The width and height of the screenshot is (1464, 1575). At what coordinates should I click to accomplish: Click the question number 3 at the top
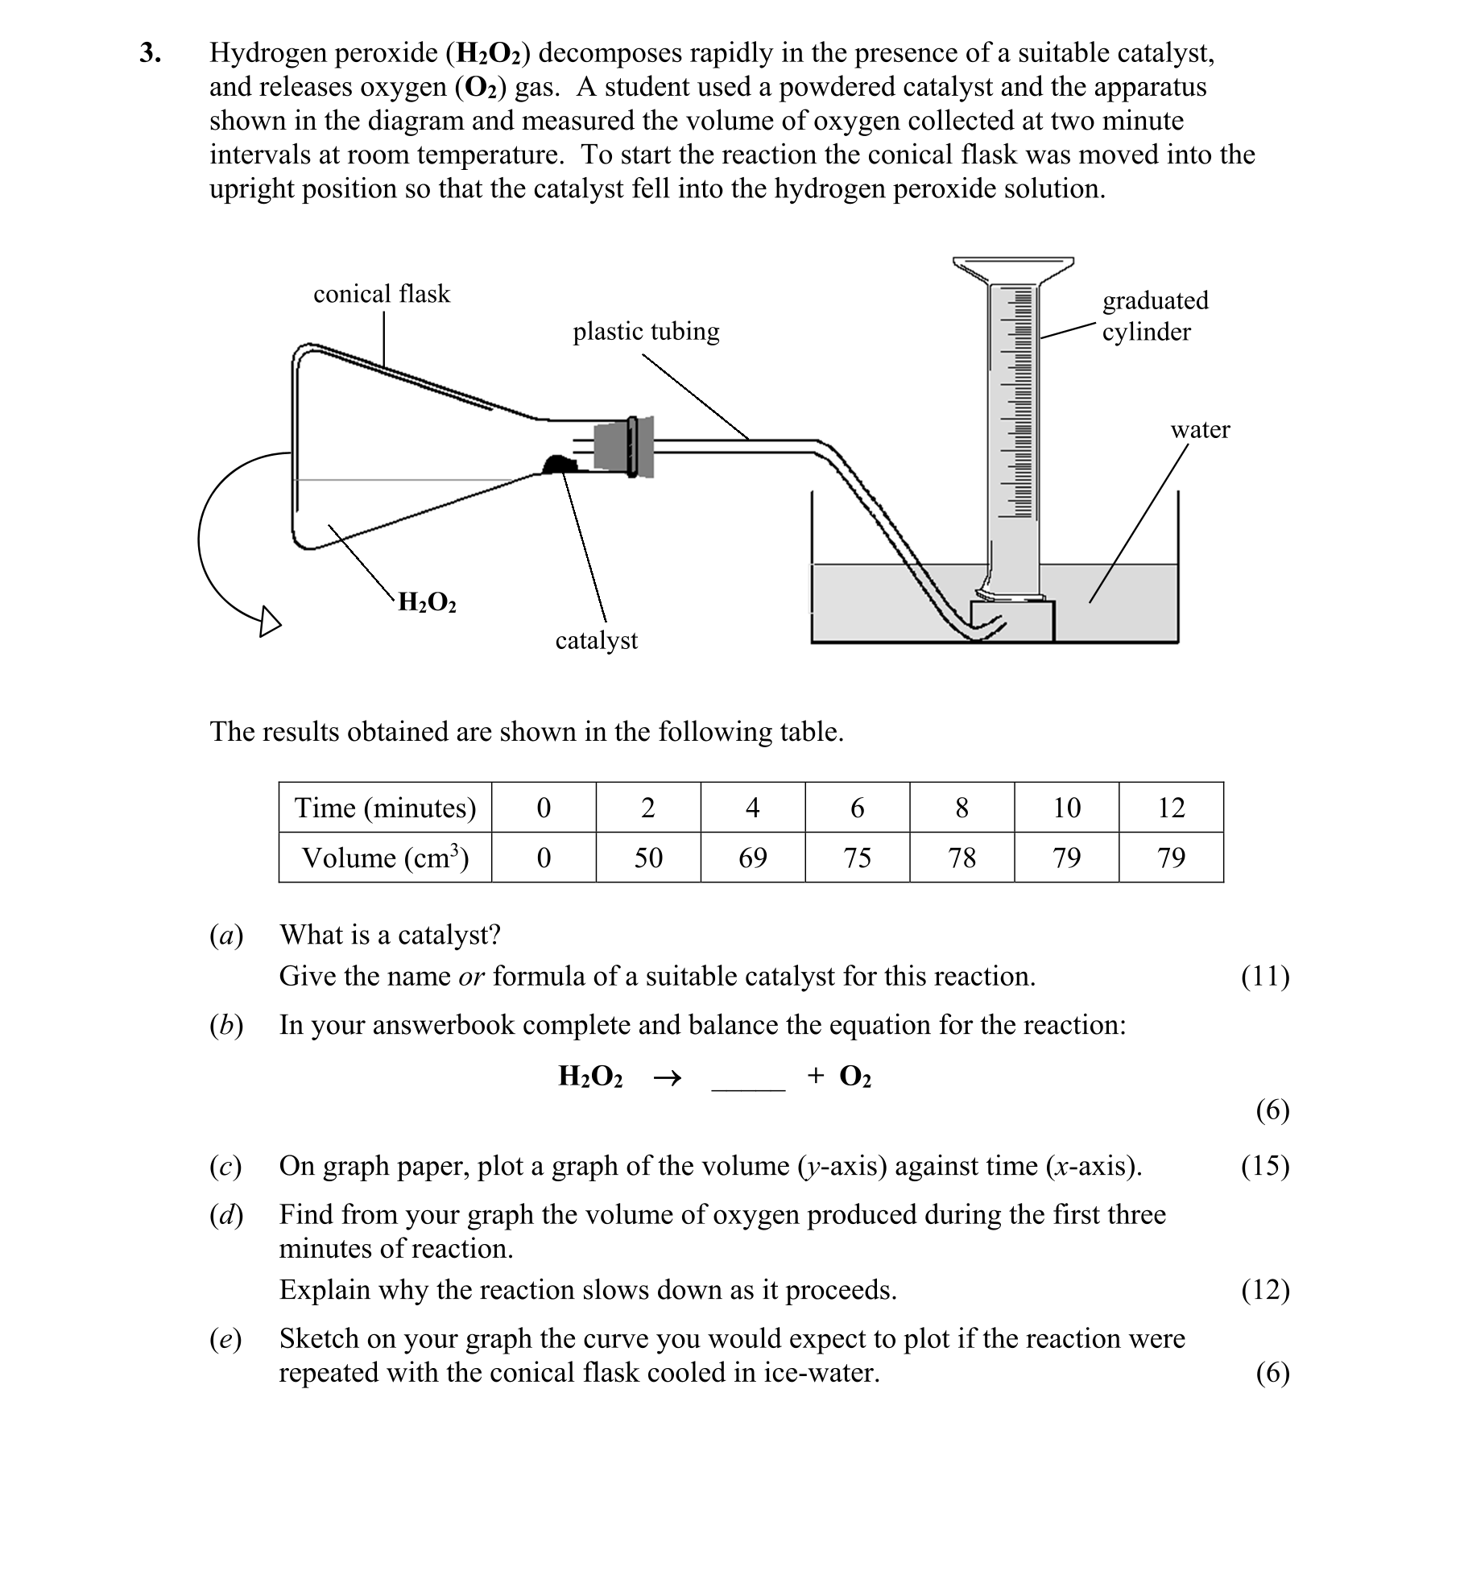150,53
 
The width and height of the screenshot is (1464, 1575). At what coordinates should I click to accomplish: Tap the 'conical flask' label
381,294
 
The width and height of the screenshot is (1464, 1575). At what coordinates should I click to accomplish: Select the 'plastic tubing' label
646,331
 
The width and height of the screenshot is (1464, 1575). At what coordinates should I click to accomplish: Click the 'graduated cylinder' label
1155,316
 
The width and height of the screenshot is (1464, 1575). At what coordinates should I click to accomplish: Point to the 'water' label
1199,429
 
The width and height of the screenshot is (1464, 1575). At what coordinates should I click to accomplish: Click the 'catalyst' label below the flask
596,640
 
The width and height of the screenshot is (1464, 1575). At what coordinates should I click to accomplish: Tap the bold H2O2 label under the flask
427,602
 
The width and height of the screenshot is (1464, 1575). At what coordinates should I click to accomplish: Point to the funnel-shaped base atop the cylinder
1013,270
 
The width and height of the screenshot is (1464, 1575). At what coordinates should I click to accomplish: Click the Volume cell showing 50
648,858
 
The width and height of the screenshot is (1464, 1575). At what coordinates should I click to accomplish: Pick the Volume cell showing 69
753,858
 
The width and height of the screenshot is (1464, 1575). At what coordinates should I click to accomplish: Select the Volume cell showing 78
962,858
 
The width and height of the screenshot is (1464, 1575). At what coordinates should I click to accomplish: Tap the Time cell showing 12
1171,807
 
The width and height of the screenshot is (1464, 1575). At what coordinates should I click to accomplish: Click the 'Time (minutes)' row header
385,807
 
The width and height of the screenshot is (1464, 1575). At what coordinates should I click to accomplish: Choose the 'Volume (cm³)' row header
385,858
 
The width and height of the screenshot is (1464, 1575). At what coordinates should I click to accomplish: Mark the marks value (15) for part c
1265,1165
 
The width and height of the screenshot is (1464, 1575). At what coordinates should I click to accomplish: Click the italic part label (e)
225,1338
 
